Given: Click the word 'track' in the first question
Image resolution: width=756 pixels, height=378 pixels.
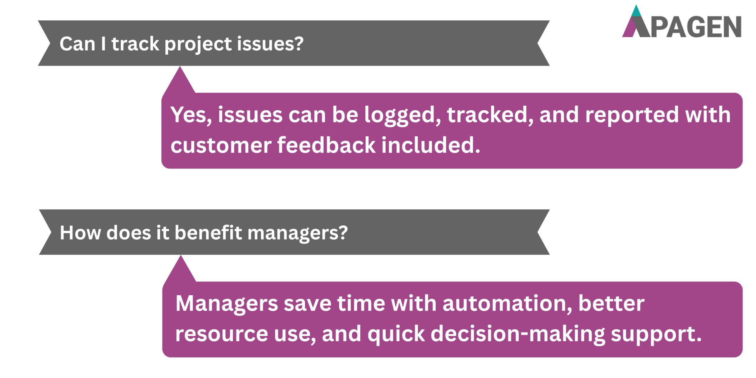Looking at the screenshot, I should [135, 44].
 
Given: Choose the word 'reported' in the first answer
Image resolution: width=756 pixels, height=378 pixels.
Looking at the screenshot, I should [632, 115].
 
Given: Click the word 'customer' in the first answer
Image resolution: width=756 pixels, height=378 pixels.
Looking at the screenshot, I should [221, 145].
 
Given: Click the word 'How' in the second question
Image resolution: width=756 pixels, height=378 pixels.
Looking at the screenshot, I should [80, 233].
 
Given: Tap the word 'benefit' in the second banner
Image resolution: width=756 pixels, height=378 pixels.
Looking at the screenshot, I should [208, 233].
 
